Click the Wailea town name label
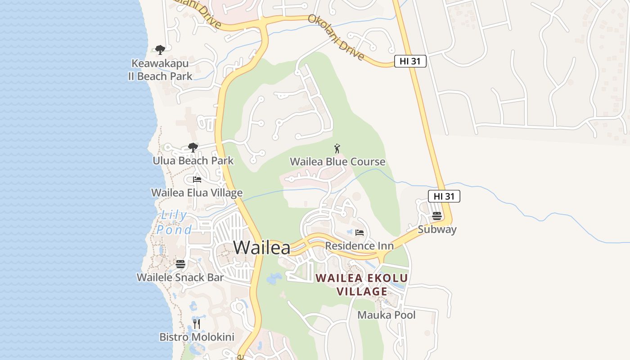click(x=261, y=247)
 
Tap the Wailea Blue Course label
click(x=337, y=162)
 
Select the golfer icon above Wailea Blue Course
click(x=337, y=148)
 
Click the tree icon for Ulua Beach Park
click(x=193, y=147)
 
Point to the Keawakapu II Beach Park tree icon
click(x=160, y=49)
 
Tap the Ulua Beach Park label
click(x=193, y=161)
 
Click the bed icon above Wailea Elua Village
click(x=197, y=179)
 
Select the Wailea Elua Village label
click(x=197, y=193)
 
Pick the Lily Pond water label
click(x=174, y=222)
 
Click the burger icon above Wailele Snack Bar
click(x=180, y=264)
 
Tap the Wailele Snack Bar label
click(x=180, y=277)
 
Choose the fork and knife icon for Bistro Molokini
click(x=197, y=324)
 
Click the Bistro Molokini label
click(x=197, y=337)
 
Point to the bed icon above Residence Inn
click(x=359, y=233)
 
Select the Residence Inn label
click(x=359, y=246)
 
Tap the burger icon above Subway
click(x=436, y=216)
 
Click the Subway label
click(x=437, y=229)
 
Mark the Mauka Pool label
click(x=387, y=315)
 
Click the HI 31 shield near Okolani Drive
click(x=410, y=61)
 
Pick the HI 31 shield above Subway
click(x=444, y=196)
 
